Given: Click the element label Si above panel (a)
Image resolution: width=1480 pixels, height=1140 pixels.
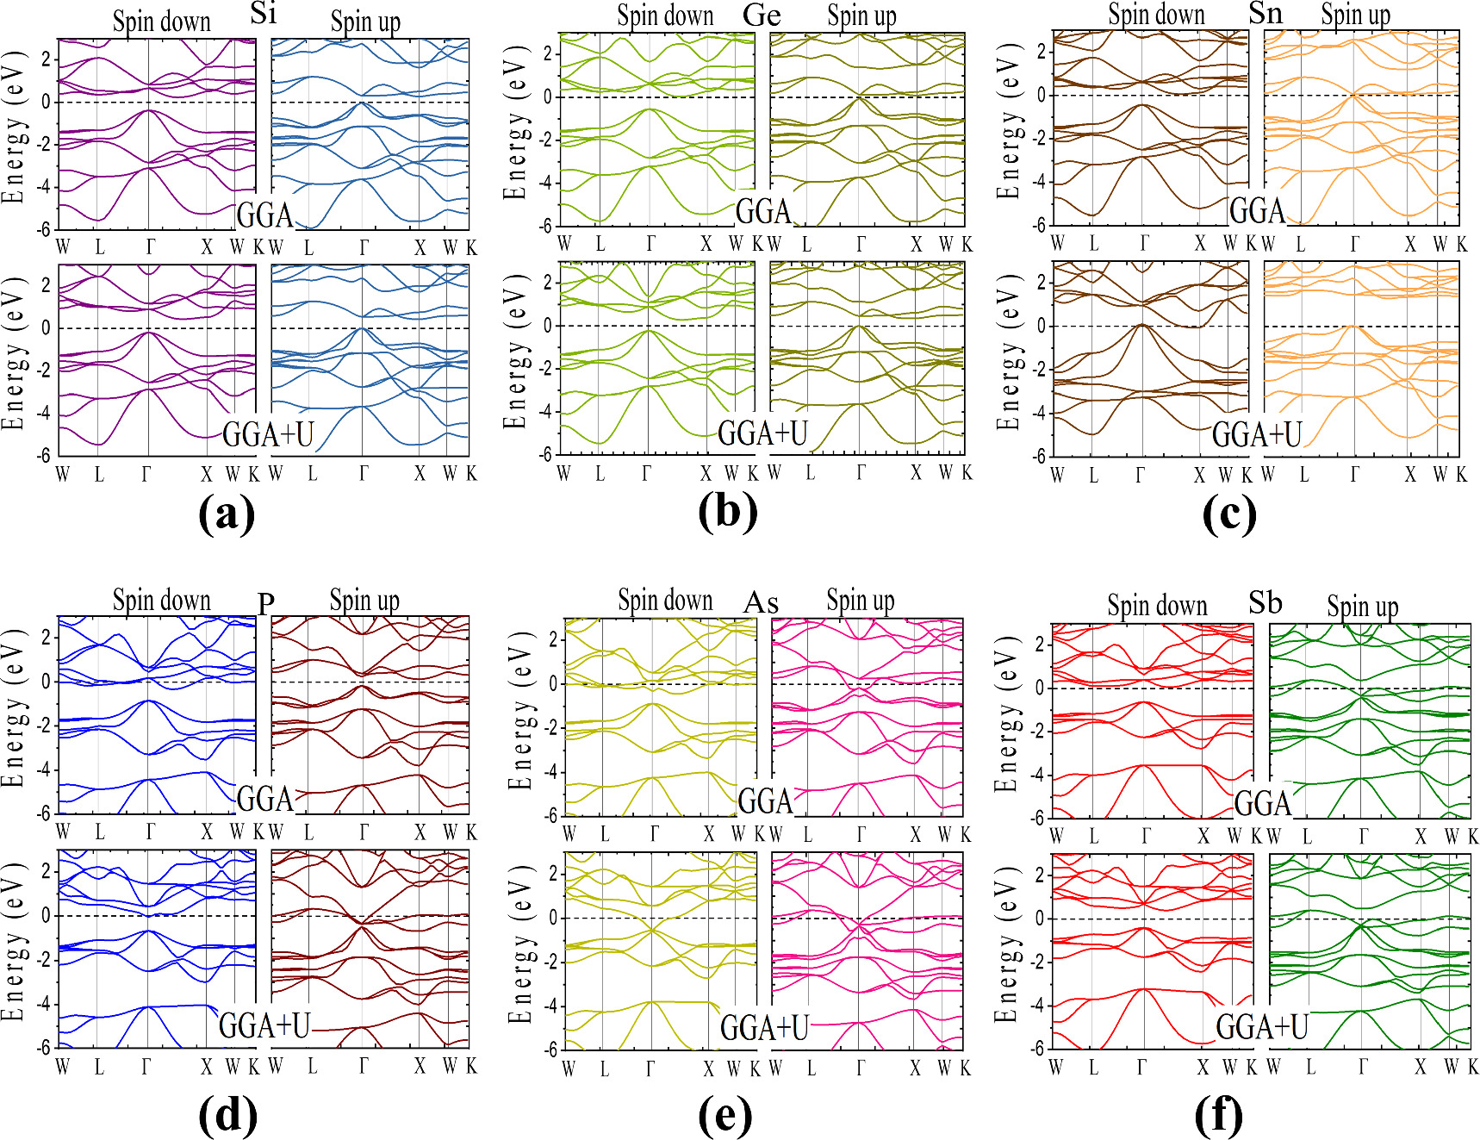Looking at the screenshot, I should [264, 13].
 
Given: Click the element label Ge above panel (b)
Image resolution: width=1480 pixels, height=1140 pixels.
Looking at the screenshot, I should [762, 15].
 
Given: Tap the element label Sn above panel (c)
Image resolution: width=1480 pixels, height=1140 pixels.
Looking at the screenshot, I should [1265, 13].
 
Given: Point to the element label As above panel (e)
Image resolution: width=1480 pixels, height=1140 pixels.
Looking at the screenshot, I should [761, 602].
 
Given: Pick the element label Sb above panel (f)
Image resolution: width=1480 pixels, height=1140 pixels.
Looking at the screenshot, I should [1265, 602].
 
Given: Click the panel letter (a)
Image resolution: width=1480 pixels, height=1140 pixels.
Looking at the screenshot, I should [227, 514].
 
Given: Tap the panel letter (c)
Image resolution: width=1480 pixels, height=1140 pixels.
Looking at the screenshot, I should [1229, 514].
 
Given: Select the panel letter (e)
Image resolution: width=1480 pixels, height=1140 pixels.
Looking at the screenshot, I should [725, 1117].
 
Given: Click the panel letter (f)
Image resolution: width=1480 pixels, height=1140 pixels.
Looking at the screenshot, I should [1219, 1117].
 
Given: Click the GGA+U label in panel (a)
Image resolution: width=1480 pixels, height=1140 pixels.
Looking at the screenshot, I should [268, 434].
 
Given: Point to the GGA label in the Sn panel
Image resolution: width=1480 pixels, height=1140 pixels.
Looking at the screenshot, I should [1257, 210].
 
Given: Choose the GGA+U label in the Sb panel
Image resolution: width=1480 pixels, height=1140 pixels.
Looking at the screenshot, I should [1262, 1027].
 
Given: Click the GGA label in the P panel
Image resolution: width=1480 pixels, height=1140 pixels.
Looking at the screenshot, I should [265, 799].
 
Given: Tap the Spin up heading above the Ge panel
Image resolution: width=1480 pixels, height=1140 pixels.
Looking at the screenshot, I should [861, 16].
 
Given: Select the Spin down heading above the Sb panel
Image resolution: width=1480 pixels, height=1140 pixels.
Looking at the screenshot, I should [1157, 606].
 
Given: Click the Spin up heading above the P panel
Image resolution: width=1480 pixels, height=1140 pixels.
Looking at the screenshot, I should [364, 600].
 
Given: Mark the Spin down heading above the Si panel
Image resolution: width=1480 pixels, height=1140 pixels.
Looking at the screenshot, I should [162, 22].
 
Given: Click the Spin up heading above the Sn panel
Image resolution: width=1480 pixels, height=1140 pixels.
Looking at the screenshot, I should [1355, 15].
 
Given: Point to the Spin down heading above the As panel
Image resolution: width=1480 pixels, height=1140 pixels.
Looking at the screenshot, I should [665, 600].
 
